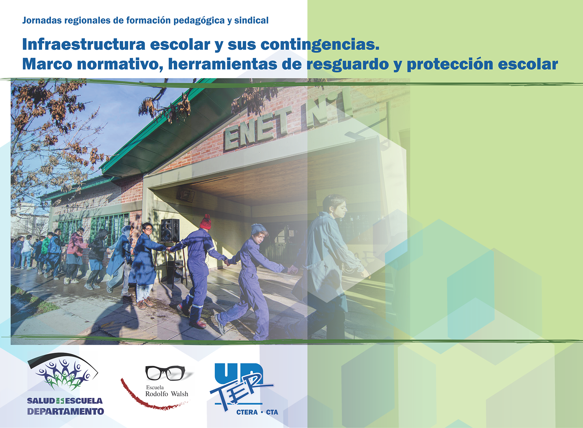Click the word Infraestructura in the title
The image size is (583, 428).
(x=84, y=44)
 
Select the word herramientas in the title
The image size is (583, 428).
(x=223, y=64)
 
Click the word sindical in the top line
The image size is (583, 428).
(x=251, y=20)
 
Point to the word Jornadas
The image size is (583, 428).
(x=41, y=20)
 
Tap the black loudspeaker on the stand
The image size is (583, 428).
(x=170, y=230)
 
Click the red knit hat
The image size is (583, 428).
(x=205, y=222)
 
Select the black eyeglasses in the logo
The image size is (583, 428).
(x=165, y=373)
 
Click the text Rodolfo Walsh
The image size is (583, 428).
(x=167, y=393)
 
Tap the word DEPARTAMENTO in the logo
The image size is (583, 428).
(x=66, y=411)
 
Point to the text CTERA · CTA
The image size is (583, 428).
(x=257, y=412)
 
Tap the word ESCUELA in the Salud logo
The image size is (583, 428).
(x=84, y=401)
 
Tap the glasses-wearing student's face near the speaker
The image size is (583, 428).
(x=147, y=229)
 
